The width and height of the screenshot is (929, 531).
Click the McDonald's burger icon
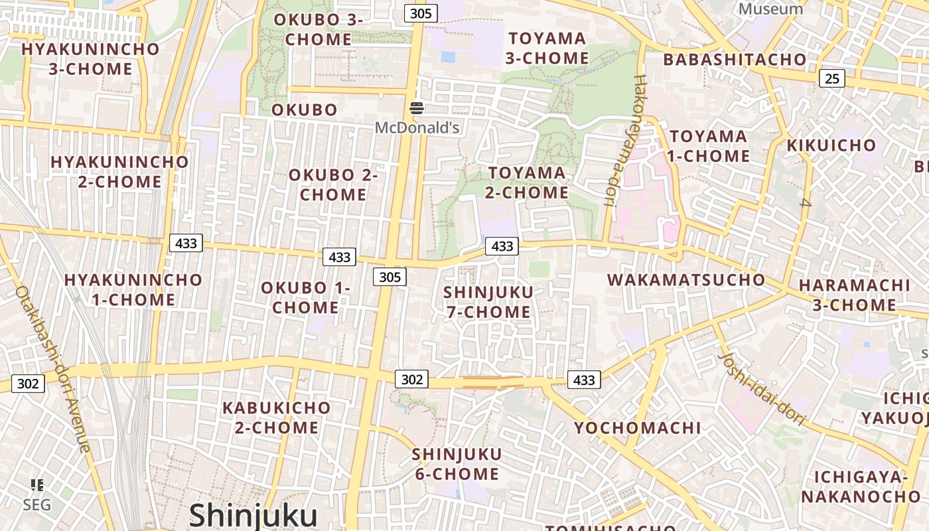click(x=417, y=108)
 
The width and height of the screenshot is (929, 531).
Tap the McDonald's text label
click(x=417, y=127)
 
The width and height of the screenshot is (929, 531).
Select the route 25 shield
click(x=831, y=78)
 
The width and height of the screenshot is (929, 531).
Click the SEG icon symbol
click(x=37, y=485)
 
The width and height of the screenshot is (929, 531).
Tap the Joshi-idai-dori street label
click(x=762, y=388)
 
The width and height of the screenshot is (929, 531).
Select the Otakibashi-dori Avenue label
click(x=52, y=369)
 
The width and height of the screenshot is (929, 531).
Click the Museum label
click(x=770, y=9)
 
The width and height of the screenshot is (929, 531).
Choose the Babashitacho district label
click(x=735, y=60)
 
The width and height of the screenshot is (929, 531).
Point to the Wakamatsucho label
click(x=686, y=279)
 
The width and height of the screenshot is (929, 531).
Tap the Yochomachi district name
click(x=637, y=428)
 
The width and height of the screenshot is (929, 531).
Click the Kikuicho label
click(x=831, y=145)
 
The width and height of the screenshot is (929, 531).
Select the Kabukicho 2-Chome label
click(x=276, y=417)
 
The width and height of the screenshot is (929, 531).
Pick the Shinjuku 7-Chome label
click(x=488, y=302)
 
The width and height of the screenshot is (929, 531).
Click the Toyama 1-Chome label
click(x=709, y=146)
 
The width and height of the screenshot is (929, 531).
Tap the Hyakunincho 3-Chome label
click(x=90, y=58)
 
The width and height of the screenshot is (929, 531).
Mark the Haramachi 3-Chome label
click(x=854, y=295)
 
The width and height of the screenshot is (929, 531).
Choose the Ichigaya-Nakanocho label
click(x=861, y=487)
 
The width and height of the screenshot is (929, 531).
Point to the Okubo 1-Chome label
click(x=305, y=298)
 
